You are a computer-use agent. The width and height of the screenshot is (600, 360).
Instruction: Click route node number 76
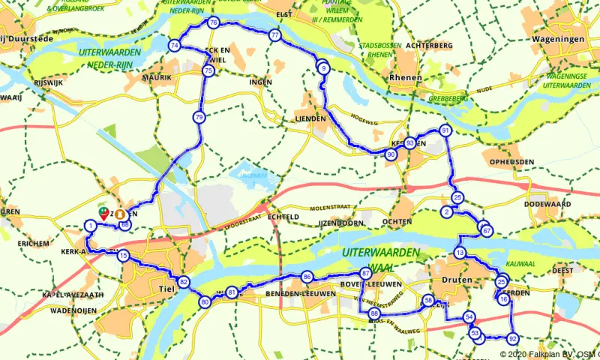(x=214, y=23)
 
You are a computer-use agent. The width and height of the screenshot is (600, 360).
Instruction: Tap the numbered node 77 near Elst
(x=275, y=36)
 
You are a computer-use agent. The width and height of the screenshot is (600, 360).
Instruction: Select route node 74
(x=175, y=46)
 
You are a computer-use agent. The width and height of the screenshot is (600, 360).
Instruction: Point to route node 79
(x=199, y=117)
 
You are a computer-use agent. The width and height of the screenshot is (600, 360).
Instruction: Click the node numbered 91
(x=445, y=130)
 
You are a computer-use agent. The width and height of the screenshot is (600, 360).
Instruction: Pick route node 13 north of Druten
(x=460, y=253)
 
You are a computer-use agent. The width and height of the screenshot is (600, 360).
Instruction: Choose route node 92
(x=513, y=337)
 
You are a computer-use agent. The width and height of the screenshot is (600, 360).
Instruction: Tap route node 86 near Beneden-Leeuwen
(x=307, y=277)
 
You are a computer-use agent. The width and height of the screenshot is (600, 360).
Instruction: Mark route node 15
(x=124, y=256)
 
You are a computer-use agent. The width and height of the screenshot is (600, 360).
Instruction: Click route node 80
(x=205, y=302)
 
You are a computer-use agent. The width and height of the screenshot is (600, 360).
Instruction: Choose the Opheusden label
(x=511, y=162)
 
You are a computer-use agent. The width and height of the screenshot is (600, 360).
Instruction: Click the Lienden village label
(x=310, y=118)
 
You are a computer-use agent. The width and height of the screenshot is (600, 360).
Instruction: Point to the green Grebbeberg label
(x=448, y=98)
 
